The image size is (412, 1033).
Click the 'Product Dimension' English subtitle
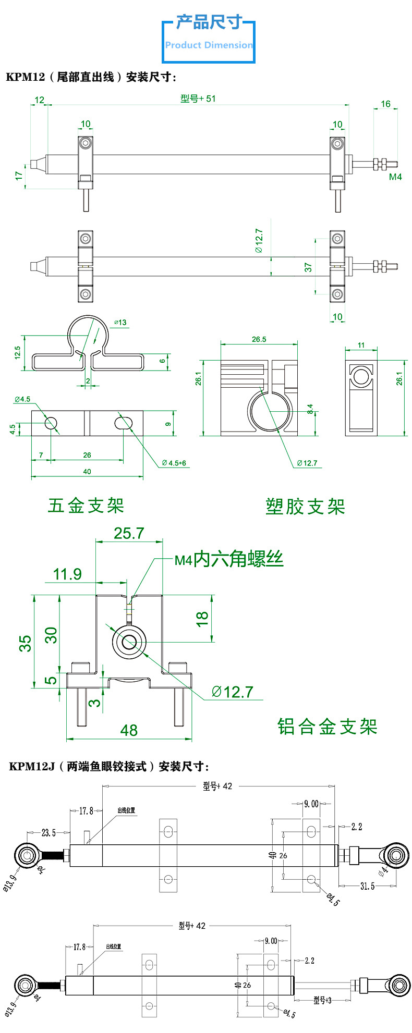209,45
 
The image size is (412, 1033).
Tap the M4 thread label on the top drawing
395,177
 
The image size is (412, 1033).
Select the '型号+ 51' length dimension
198,99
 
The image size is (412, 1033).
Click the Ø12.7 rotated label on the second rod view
259,241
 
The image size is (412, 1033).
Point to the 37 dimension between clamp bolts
308,267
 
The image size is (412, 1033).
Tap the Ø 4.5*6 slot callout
174,463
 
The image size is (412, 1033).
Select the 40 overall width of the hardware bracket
87,471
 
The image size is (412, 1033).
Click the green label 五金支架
86,506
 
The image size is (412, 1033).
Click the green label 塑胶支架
305,507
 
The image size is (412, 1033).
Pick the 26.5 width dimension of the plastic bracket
259,339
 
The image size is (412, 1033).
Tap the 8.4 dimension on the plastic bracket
310,409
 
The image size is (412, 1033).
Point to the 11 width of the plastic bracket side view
361,345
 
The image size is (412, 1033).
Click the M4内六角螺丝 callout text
229,559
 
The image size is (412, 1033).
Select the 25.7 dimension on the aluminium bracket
128,533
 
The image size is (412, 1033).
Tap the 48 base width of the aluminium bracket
129,730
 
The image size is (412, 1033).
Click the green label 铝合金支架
327,727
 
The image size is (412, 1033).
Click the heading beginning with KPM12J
109,766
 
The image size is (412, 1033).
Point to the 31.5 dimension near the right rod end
367,886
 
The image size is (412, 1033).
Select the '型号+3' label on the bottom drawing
322,1000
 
